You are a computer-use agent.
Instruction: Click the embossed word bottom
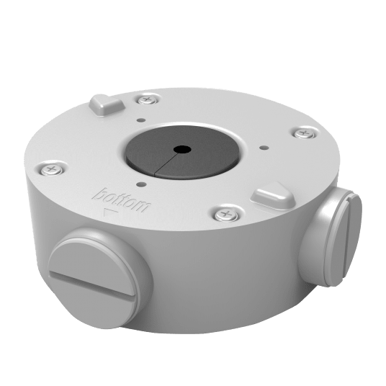(122, 201)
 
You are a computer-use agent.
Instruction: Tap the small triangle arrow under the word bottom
(110, 212)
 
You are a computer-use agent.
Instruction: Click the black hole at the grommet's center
(182, 149)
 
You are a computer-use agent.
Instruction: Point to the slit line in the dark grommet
(166, 163)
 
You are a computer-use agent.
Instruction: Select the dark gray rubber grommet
(182, 153)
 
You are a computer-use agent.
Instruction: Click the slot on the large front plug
(92, 283)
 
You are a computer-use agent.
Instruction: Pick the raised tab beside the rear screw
(107, 104)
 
